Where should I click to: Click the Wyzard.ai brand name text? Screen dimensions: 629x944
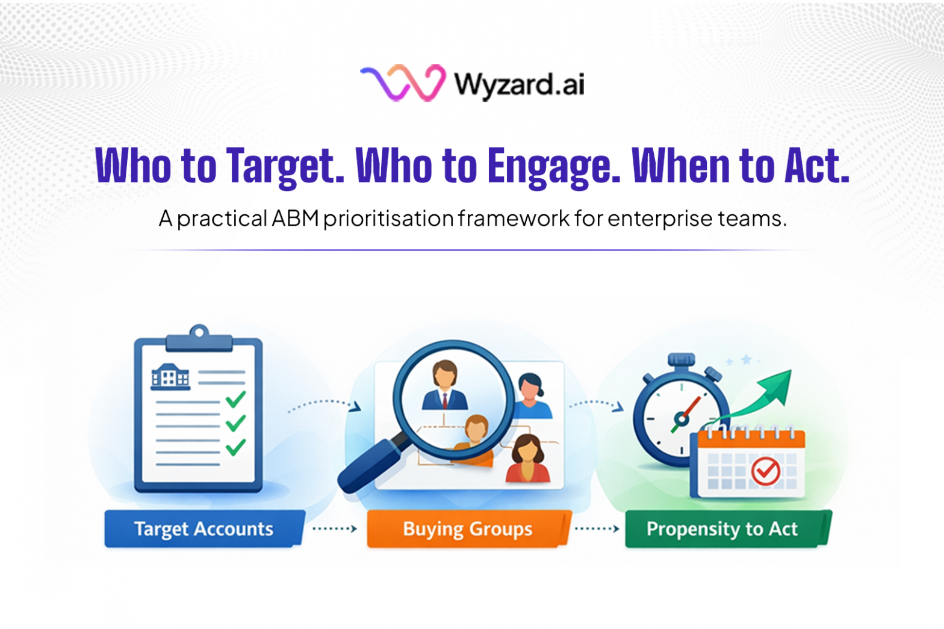(x=519, y=84)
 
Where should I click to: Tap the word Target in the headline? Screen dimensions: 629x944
(x=285, y=166)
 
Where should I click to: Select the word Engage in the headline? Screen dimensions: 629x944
(x=553, y=167)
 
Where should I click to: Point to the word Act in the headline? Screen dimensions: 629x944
(x=817, y=166)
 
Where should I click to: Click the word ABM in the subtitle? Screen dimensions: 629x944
(x=295, y=218)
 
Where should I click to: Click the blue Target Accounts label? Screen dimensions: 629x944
(x=203, y=529)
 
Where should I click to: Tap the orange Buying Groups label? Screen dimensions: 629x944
(x=468, y=529)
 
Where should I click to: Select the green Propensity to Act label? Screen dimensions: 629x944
(x=722, y=529)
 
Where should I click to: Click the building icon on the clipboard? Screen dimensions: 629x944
(x=170, y=377)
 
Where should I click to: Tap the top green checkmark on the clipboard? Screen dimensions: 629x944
(x=235, y=399)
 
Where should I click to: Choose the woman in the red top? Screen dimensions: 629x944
(x=527, y=460)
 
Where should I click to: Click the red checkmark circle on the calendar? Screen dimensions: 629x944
(x=765, y=471)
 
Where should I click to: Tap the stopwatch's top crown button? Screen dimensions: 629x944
(x=681, y=360)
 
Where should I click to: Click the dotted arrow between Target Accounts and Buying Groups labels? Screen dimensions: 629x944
(x=335, y=529)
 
